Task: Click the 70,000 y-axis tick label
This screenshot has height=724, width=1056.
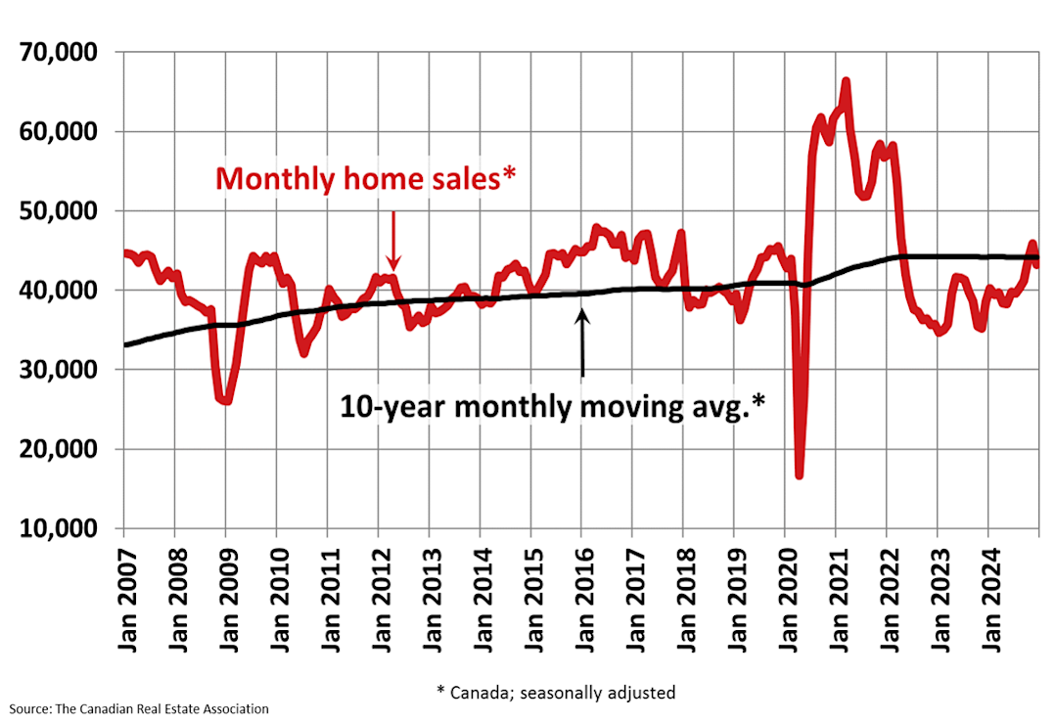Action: pos(61,53)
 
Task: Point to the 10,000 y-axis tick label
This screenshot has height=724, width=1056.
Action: pos(61,528)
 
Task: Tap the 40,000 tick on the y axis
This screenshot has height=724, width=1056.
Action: pos(61,291)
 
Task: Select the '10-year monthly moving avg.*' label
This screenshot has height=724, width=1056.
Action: pos(552,406)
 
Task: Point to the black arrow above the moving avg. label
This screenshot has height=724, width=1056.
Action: pos(582,342)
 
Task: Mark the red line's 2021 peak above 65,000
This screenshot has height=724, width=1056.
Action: pos(846,81)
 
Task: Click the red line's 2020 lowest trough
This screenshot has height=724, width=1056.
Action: pos(800,475)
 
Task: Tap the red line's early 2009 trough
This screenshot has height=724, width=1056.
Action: pos(225,400)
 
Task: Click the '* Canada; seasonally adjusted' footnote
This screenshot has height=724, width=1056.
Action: pos(556,693)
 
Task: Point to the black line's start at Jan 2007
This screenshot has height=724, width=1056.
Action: pos(125,344)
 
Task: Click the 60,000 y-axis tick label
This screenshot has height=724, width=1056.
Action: pos(61,132)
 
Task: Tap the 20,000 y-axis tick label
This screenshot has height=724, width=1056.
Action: pos(61,449)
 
